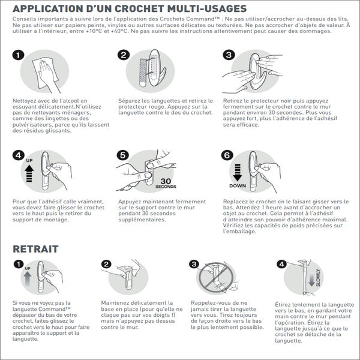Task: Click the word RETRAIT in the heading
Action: click(35, 249)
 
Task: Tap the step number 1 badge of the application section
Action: click(19, 55)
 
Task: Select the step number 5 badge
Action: click(122, 155)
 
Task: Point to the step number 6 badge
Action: click(227, 155)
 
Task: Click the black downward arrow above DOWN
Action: click(238, 172)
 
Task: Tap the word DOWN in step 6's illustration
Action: click(238, 186)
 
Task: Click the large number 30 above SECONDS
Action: click(166, 181)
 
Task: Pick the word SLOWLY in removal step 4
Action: click(318, 278)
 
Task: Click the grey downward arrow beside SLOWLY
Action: click(311, 279)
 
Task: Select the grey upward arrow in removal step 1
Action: click(28, 280)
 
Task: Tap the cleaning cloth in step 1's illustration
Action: click(45, 73)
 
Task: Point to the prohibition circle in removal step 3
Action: click(216, 278)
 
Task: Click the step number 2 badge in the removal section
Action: click(106, 264)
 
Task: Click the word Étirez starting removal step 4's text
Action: click(282, 305)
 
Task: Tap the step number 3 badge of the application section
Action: click(229, 55)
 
